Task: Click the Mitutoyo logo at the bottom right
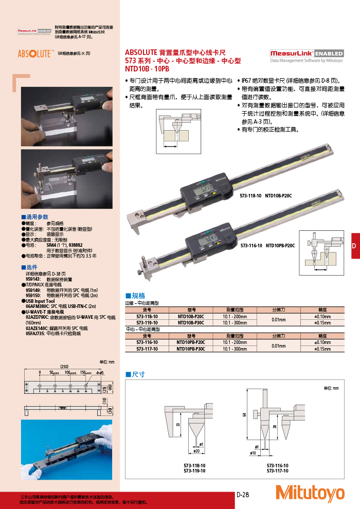coord(310,493)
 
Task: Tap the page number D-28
coord(243,495)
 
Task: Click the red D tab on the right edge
coord(354,246)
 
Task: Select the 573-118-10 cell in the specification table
coord(147,317)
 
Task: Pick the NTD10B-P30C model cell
coord(190,323)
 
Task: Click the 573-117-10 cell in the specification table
coord(147,349)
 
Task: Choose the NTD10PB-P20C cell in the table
coord(190,342)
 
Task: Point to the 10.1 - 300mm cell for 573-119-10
coord(235,323)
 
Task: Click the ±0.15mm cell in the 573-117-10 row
coord(322,349)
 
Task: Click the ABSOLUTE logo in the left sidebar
coord(34,53)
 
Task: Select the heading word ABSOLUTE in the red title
coord(140,52)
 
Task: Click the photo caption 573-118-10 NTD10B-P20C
coord(265,196)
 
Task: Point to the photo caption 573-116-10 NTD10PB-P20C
coord(267,246)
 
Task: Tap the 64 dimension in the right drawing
coord(244,414)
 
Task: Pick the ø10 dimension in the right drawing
coord(253,453)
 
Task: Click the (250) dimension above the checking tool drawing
coord(64,366)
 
